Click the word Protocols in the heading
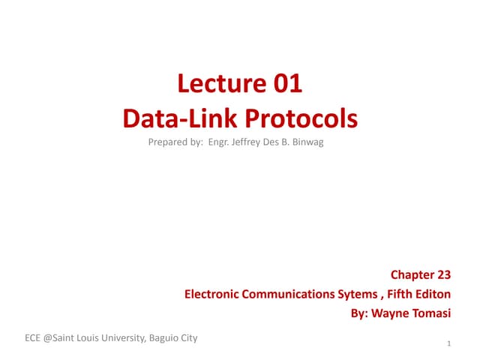[x=298, y=118]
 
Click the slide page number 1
[x=448, y=344]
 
